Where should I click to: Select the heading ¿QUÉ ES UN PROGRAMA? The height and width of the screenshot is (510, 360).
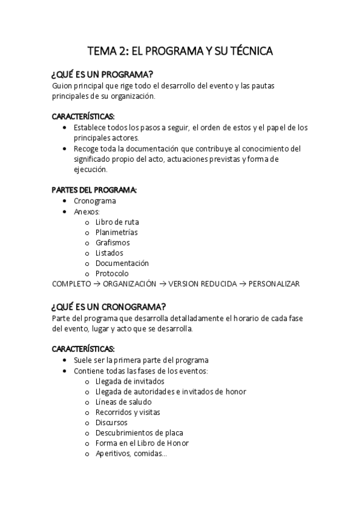tap(103, 75)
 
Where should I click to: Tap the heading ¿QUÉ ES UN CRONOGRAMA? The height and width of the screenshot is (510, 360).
tap(109, 306)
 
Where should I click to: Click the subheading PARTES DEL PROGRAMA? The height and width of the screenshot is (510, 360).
tap(94, 190)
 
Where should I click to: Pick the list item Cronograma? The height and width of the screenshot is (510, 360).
tap(95, 201)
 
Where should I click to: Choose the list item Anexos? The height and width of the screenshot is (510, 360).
tap(87, 212)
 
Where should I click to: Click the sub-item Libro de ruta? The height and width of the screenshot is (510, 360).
tap(117, 222)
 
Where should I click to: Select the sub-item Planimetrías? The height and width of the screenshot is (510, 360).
tap(117, 232)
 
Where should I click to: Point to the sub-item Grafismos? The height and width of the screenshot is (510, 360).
tap(112, 242)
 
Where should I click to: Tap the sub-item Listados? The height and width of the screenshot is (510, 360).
tap(109, 253)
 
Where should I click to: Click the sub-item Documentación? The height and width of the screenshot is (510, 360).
tap(122, 263)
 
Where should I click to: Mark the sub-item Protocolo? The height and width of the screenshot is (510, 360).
tap(112, 274)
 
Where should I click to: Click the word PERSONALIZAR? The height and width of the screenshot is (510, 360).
tap(274, 284)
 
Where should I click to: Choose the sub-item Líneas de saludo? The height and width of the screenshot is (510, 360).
tap(123, 402)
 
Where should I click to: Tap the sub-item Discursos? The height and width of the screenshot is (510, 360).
tap(111, 422)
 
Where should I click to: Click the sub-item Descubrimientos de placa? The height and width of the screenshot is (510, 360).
tap(139, 432)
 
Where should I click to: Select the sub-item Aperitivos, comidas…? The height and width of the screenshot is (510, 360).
tap(131, 453)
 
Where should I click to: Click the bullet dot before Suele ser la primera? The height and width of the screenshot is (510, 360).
tap(66, 360)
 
